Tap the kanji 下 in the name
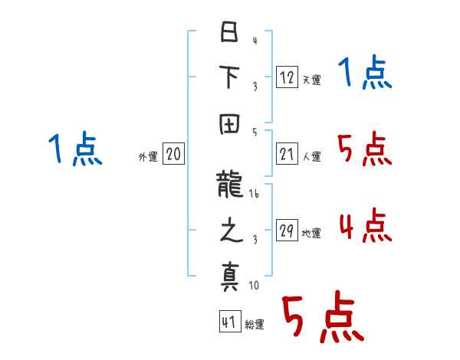(x=228, y=80)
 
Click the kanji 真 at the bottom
(x=228, y=277)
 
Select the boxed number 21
(x=287, y=153)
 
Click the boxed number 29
(x=287, y=230)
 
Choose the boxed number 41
(x=228, y=321)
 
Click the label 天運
(x=311, y=80)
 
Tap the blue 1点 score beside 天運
(x=365, y=74)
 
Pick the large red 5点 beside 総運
(x=322, y=318)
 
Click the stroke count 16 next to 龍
(x=254, y=195)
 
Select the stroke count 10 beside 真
(x=254, y=286)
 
